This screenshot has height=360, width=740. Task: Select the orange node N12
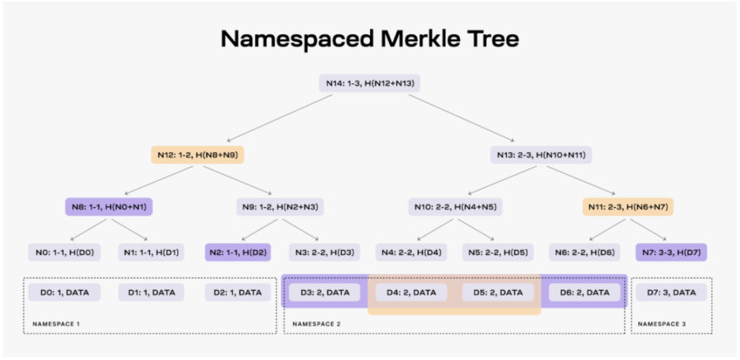coord(196,155)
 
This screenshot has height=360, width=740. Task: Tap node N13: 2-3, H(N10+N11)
coord(541,155)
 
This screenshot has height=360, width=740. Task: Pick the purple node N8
coord(110,206)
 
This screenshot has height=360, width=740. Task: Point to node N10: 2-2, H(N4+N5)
coord(455,206)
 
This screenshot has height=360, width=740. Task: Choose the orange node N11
coord(627,206)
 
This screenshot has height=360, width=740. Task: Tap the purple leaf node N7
coord(671,252)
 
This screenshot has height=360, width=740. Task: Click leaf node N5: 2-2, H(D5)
coord(498,252)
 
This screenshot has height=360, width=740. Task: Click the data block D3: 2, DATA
coord(325,292)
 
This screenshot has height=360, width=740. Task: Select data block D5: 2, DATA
coord(498,292)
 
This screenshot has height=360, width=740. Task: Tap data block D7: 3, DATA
coord(671,292)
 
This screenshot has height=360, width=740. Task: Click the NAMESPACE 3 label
coord(662,324)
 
